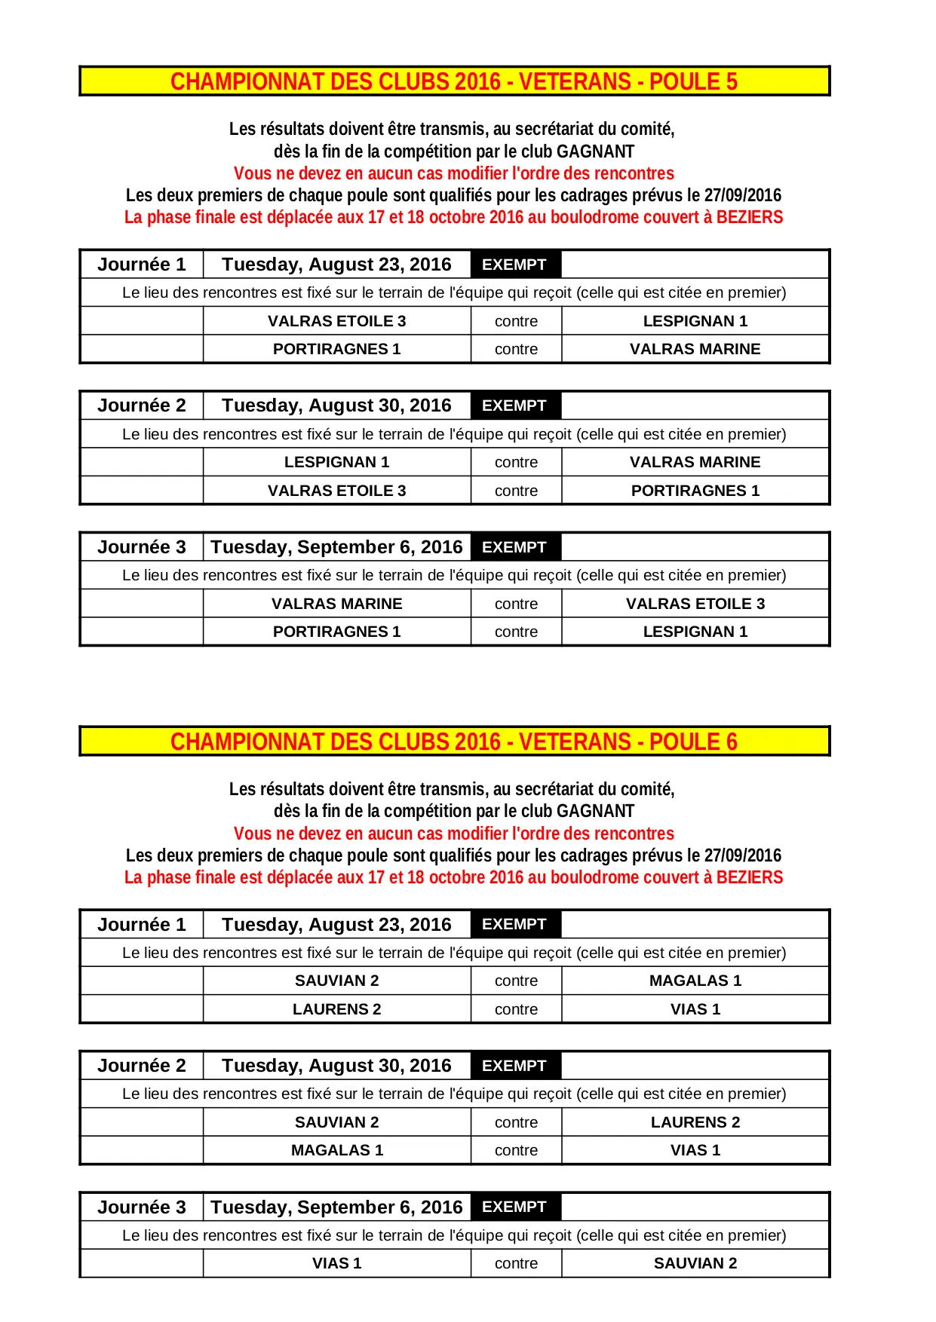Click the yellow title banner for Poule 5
pyautogui.click(x=454, y=81)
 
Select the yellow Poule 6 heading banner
pyautogui.click(x=454, y=742)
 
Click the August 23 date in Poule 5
pyautogui.click(x=336, y=265)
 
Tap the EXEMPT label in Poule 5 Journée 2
pyautogui.click(x=514, y=405)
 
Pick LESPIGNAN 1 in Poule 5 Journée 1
pyautogui.click(x=695, y=321)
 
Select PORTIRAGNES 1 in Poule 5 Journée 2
pyautogui.click(x=695, y=491)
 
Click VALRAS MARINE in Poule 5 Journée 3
pyautogui.click(x=336, y=604)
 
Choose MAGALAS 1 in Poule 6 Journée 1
pyautogui.click(x=695, y=981)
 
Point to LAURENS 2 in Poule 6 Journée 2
pyautogui.click(x=695, y=1122)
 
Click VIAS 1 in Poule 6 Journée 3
pyautogui.click(x=336, y=1263)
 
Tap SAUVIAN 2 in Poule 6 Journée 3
pyautogui.click(x=695, y=1263)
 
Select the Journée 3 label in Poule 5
pyautogui.click(x=141, y=547)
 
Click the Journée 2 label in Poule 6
pyautogui.click(x=141, y=1066)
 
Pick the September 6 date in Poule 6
pyautogui.click(x=336, y=1207)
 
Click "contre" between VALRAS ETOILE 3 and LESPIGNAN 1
pyautogui.click(x=516, y=321)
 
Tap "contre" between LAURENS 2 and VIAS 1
pyautogui.click(x=516, y=1009)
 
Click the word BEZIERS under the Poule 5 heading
pyautogui.click(x=749, y=218)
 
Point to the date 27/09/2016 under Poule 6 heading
pyautogui.click(x=742, y=855)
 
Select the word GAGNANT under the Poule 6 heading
pyautogui.click(x=595, y=812)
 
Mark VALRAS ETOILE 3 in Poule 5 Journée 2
pyautogui.click(x=336, y=491)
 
